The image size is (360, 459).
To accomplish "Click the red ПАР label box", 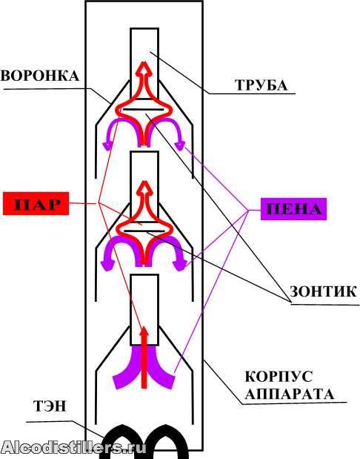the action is click(36, 203).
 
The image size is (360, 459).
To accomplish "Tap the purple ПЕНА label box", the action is click(293, 209).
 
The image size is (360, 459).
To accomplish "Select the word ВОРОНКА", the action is click(40, 76).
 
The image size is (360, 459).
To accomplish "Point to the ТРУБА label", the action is click(261, 85).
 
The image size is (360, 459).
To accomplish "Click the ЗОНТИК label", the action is click(323, 291).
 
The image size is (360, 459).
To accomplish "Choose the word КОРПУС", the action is click(279, 377).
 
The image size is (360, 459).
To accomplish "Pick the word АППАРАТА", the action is click(289, 394).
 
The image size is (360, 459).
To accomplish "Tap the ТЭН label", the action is click(50, 406).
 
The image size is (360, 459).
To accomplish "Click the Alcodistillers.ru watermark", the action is click(73, 447).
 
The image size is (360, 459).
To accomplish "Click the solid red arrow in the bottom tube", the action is click(144, 357).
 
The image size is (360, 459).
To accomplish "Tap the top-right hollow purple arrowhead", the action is click(179, 145).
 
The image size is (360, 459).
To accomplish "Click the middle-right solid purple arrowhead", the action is click(179, 264).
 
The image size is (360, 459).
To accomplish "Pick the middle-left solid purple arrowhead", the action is click(107, 264).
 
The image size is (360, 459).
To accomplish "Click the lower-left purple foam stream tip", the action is click(118, 381).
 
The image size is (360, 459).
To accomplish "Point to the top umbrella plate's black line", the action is click(143, 109).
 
